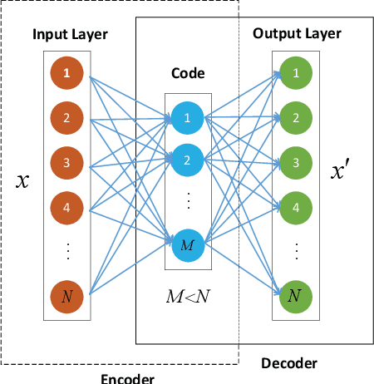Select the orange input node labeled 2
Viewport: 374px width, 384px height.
point(66,117)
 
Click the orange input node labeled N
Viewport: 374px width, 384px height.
point(66,294)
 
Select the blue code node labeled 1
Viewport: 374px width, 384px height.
point(188,117)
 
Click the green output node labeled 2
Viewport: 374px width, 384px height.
point(293,117)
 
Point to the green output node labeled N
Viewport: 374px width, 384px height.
point(293,294)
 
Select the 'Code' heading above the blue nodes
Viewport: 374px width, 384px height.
point(188,74)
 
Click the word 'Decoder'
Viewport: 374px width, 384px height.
point(288,363)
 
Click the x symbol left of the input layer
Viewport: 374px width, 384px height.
point(23,180)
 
